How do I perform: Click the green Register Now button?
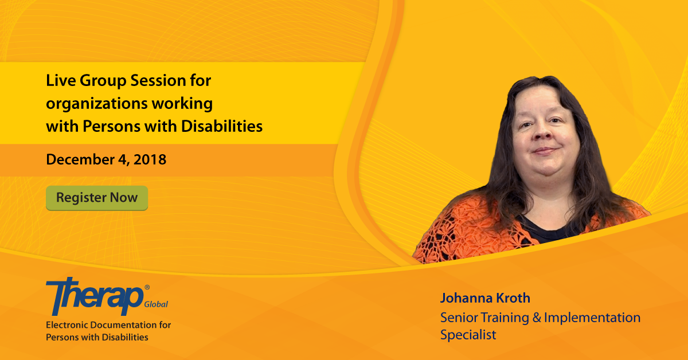[97, 198]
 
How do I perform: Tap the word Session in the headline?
[158, 81]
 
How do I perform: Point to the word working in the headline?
[182, 104]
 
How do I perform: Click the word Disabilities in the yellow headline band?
[222, 126]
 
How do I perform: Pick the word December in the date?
[80, 159]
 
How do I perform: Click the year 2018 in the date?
[150, 159]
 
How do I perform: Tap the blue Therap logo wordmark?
[95, 296]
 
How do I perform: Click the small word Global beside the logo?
[156, 304]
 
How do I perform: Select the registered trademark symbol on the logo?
[147, 287]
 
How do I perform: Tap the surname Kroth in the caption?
[513, 298]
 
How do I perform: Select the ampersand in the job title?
[537, 318]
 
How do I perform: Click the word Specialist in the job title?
[468, 335]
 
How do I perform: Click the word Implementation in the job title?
[592, 318]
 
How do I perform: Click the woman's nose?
[542, 132]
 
